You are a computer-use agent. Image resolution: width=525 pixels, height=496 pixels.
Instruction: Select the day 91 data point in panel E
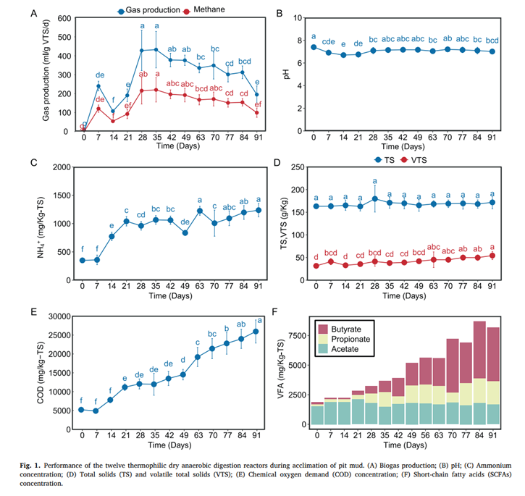coord(256,332)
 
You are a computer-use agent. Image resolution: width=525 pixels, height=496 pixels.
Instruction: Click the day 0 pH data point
coord(314,47)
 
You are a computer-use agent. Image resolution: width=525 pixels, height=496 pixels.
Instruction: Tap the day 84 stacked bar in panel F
coord(479,372)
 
